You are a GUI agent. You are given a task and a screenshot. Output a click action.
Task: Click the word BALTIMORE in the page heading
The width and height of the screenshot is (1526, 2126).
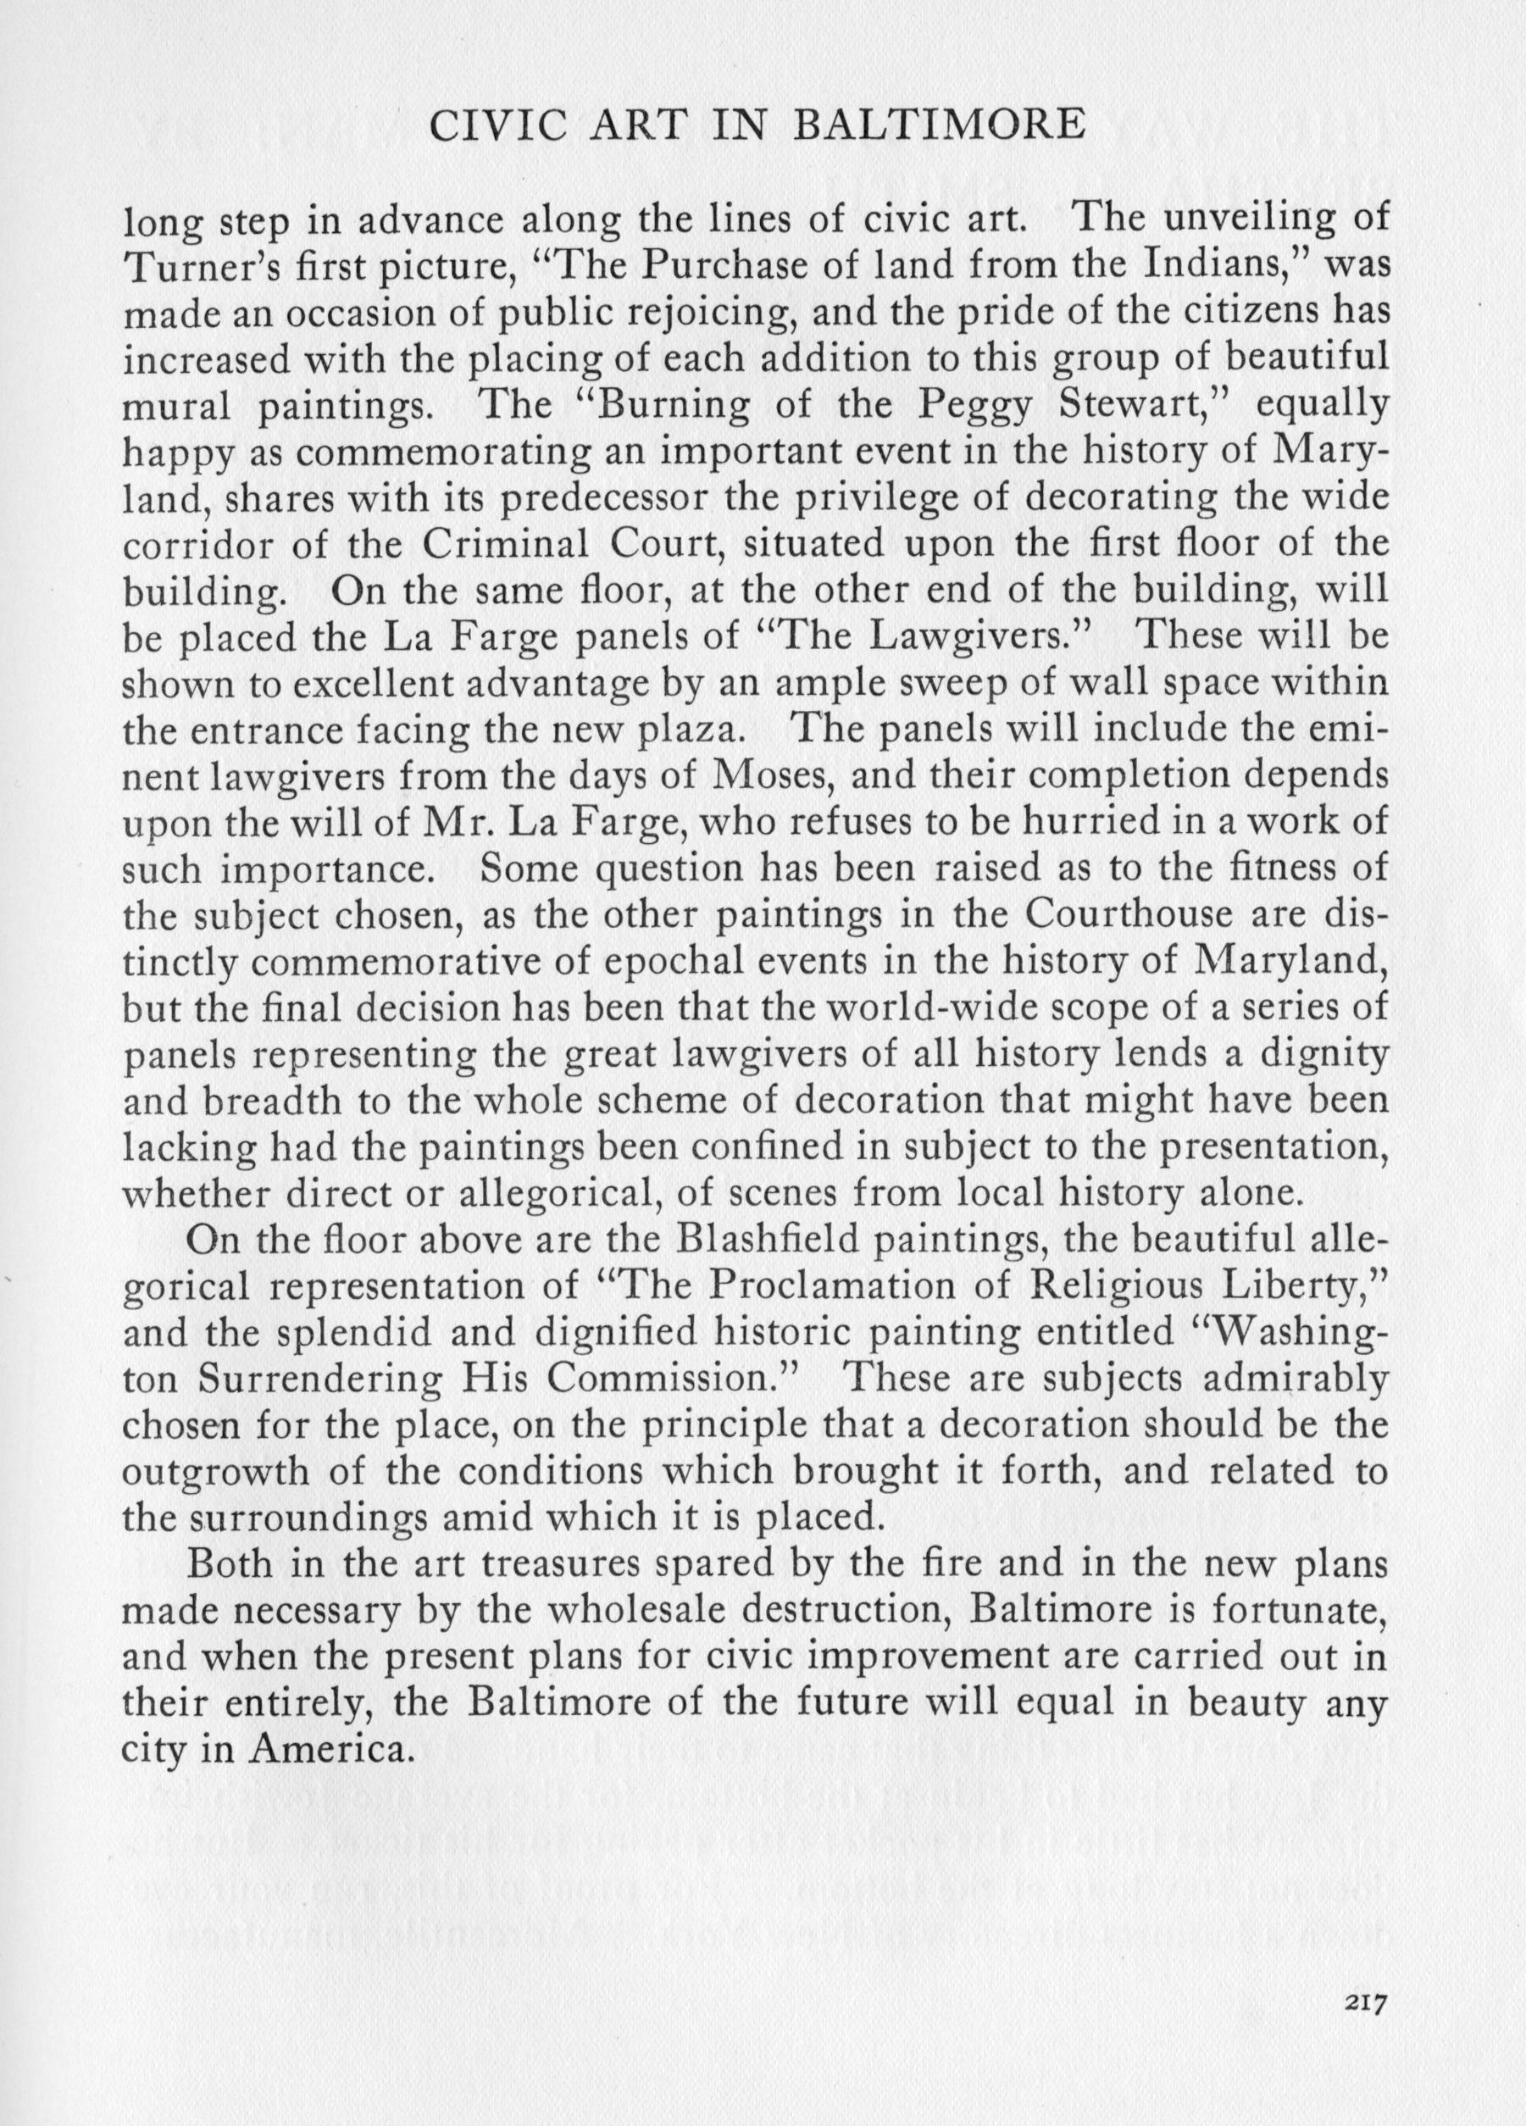click(938, 125)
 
